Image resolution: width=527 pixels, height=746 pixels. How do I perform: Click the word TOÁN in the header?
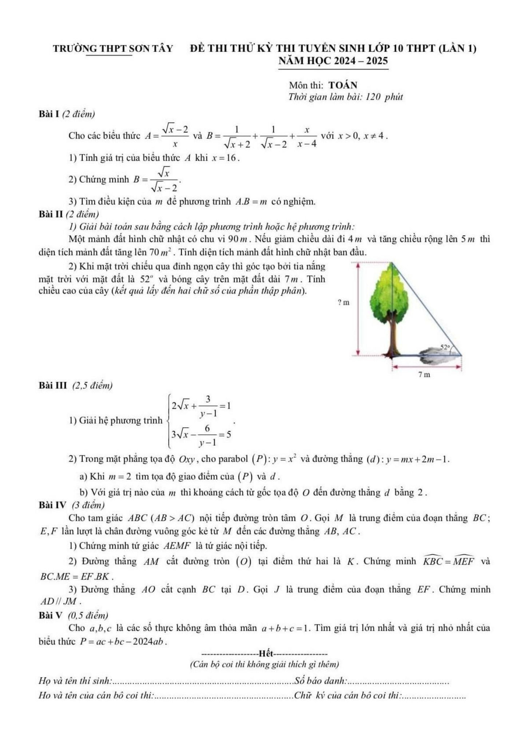[343, 85]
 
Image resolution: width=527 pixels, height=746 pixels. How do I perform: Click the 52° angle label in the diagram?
[445, 347]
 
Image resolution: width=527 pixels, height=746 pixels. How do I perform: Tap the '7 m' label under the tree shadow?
[424, 374]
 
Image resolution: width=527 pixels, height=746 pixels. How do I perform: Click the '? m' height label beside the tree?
[344, 302]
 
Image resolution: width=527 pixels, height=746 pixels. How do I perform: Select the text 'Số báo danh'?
[320, 681]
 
